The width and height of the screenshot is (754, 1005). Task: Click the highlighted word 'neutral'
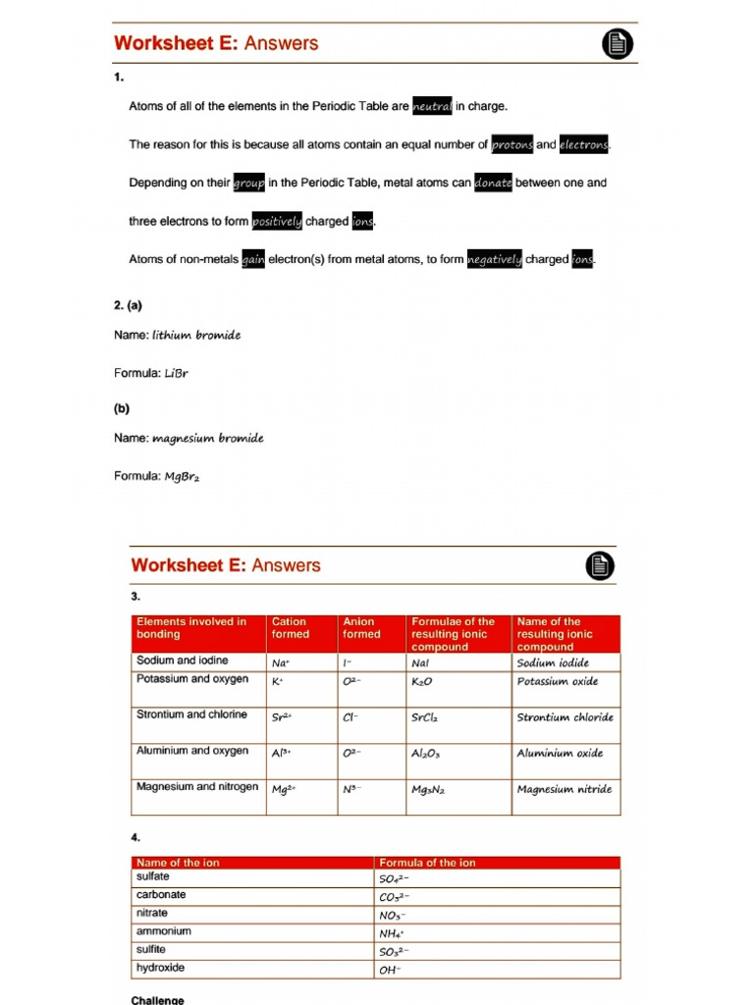pos(432,106)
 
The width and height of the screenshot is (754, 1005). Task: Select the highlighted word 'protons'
pos(512,144)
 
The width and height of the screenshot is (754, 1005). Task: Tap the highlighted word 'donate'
pos(493,183)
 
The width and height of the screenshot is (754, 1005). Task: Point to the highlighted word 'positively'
pos(278,222)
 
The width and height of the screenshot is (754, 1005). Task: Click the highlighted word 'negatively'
pos(494,260)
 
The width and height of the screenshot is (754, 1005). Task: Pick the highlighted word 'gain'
pos(253,260)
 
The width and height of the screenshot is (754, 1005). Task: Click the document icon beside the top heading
pos(617,44)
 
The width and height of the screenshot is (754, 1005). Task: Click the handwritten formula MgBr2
pos(182,477)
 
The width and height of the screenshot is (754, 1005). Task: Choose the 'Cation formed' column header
pos(290,628)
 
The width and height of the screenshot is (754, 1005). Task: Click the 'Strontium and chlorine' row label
pos(191,714)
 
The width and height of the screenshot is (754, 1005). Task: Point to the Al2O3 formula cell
pos(426,754)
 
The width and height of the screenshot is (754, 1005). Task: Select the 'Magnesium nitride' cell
pos(565,789)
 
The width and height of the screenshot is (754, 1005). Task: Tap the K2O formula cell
pos(422,681)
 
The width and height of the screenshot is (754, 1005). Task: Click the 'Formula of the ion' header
pos(427,863)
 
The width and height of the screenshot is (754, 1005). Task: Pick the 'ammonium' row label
pos(164,930)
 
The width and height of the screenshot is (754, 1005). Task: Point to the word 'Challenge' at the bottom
pos(157,1000)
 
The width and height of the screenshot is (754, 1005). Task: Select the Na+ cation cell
pos(281,663)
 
